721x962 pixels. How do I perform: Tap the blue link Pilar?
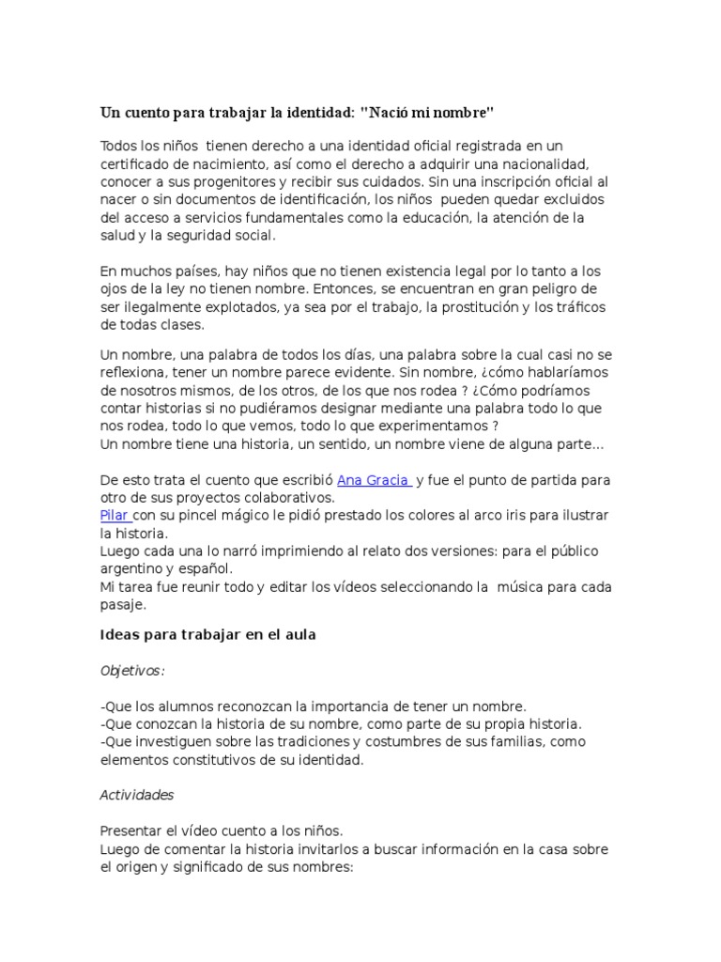[115, 516]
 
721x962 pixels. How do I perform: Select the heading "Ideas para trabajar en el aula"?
[207, 635]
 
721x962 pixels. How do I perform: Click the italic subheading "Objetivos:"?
[132, 671]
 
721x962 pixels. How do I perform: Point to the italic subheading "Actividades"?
[137, 795]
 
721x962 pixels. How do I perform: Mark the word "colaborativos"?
[286, 497]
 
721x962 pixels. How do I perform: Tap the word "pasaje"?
[122, 605]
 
